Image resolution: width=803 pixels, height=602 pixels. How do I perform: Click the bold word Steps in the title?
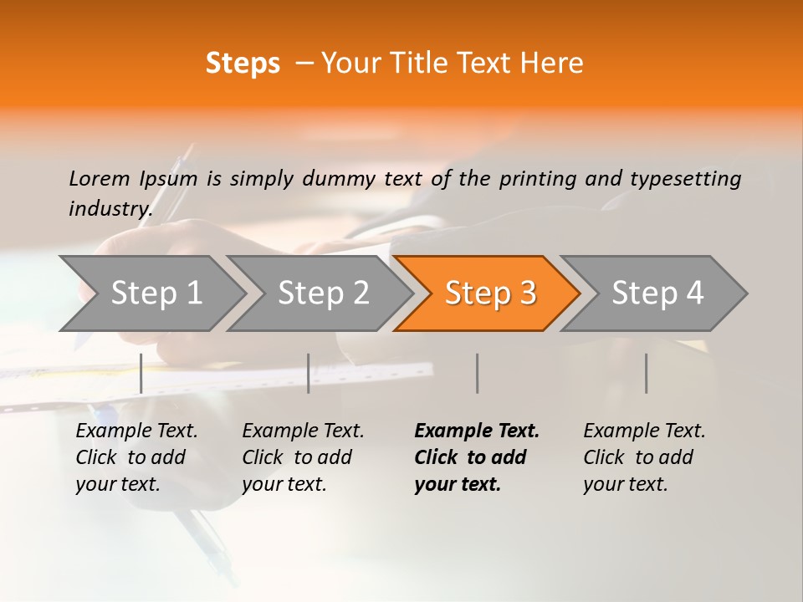[x=243, y=64]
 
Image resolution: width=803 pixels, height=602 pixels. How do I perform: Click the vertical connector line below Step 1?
[x=141, y=373]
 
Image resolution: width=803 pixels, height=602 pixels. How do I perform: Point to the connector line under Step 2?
[x=309, y=373]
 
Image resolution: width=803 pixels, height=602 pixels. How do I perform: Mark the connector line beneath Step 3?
[x=477, y=373]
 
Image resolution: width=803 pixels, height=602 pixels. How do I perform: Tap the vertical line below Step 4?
[x=646, y=373]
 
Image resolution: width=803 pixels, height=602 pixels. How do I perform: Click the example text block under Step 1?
[x=136, y=457]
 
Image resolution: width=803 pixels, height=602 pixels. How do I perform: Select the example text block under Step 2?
[x=303, y=457]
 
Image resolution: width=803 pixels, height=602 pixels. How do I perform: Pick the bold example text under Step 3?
[x=476, y=457]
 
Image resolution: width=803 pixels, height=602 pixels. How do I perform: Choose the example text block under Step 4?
[x=644, y=457]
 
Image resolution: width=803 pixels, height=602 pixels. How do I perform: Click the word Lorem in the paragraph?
[x=100, y=178]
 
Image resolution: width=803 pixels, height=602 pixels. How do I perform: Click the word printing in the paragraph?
[x=538, y=179]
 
